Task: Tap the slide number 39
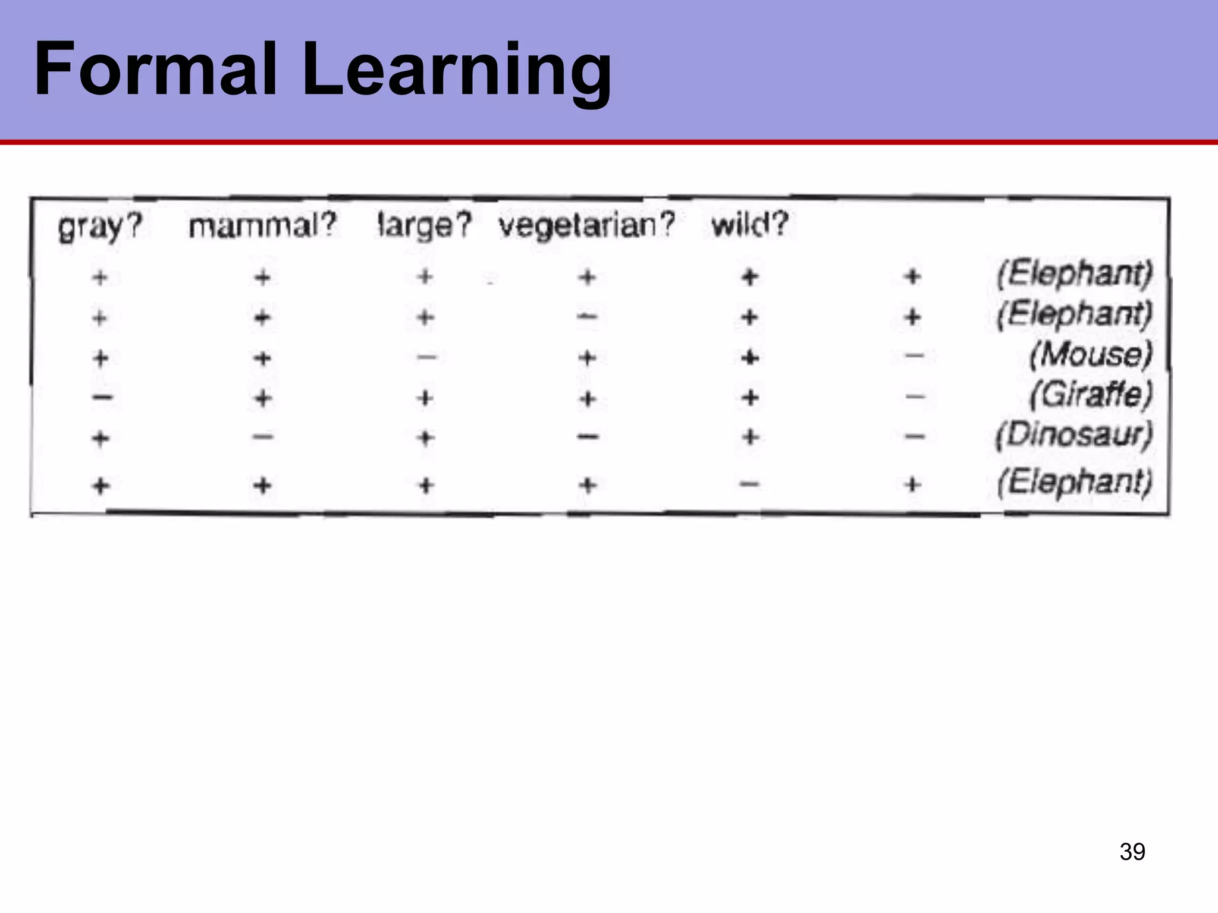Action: click(1132, 851)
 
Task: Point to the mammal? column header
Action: click(262, 226)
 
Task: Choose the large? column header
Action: click(425, 226)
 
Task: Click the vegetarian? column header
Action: click(587, 225)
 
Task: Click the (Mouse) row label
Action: click(1091, 355)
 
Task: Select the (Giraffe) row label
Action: click(1091, 394)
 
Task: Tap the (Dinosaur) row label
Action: click(1074, 435)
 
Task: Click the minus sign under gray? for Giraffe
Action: click(102, 397)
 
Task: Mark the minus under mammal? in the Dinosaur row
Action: click(263, 437)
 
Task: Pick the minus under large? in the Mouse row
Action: click(426, 357)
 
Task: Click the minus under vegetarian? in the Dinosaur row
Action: click(588, 437)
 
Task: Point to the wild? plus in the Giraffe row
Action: click(750, 397)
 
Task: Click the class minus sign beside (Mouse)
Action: click(913, 356)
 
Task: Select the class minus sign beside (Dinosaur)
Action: click(913, 437)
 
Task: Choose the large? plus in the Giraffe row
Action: click(425, 398)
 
